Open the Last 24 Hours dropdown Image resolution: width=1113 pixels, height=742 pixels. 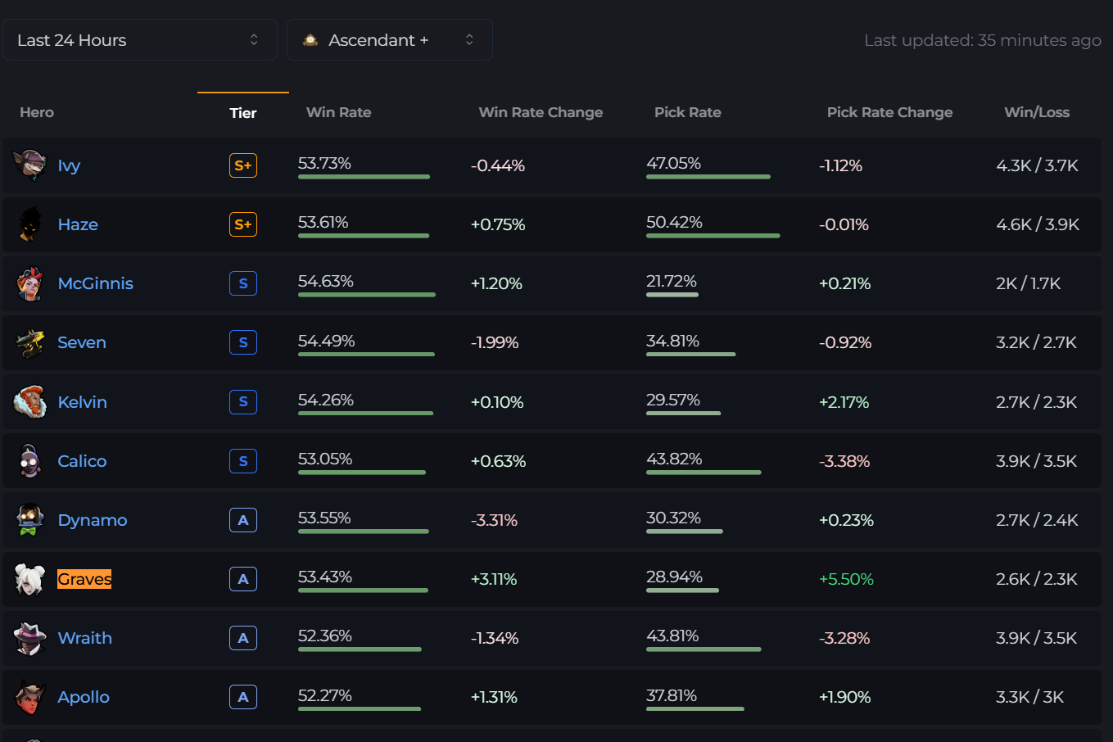(x=139, y=40)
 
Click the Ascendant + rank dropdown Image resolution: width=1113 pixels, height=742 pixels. (x=389, y=40)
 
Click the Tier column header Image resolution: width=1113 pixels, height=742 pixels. (x=242, y=113)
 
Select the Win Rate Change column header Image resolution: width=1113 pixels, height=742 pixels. (x=541, y=112)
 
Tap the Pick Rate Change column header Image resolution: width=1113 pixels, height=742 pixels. (x=889, y=112)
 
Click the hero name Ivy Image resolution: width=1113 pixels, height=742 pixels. (x=69, y=165)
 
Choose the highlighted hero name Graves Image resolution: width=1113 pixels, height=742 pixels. (x=84, y=579)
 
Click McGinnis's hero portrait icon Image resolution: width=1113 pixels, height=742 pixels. (x=30, y=283)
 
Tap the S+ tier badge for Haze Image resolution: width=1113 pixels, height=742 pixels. (x=243, y=224)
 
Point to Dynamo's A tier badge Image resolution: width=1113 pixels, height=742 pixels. (x=243, y=520)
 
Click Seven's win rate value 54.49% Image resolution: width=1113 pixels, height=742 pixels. (x=326, y=341)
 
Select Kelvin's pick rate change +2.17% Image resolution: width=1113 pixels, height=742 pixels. (x=844, y=402)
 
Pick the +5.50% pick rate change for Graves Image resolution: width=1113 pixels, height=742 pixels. (x=846, y=579)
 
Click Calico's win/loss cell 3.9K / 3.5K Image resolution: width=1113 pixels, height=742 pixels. (x=1036, y=461)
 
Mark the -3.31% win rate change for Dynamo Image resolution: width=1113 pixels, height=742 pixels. (x=494, y=520)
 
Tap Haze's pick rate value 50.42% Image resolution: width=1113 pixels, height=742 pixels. (x=674, y=222)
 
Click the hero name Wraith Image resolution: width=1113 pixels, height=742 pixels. (x=85, y=638)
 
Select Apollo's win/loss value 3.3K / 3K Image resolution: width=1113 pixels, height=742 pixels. (x=1029, y=697)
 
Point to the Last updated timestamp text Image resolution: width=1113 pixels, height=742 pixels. (x=982, y=40)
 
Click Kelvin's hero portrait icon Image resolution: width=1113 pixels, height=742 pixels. (x=30, y=402)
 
